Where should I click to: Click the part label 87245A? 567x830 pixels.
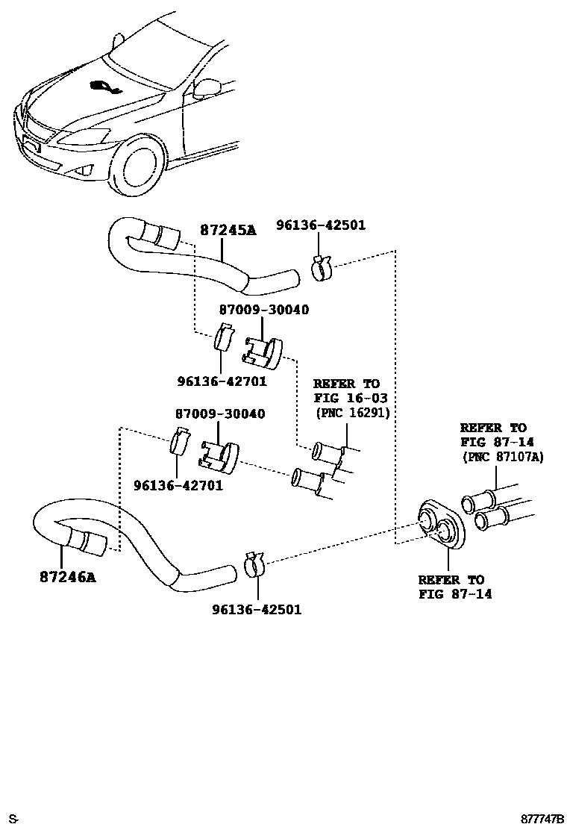(228, 231)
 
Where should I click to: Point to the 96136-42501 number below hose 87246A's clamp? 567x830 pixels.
(257, 609)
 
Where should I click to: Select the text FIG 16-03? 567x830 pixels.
(350, 398)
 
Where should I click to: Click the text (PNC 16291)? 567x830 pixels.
(352, 412)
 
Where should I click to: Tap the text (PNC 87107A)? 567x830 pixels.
(503, 456)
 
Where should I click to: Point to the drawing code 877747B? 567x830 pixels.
(541, 819)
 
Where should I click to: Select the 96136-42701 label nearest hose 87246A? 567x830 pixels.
(178, 485)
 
